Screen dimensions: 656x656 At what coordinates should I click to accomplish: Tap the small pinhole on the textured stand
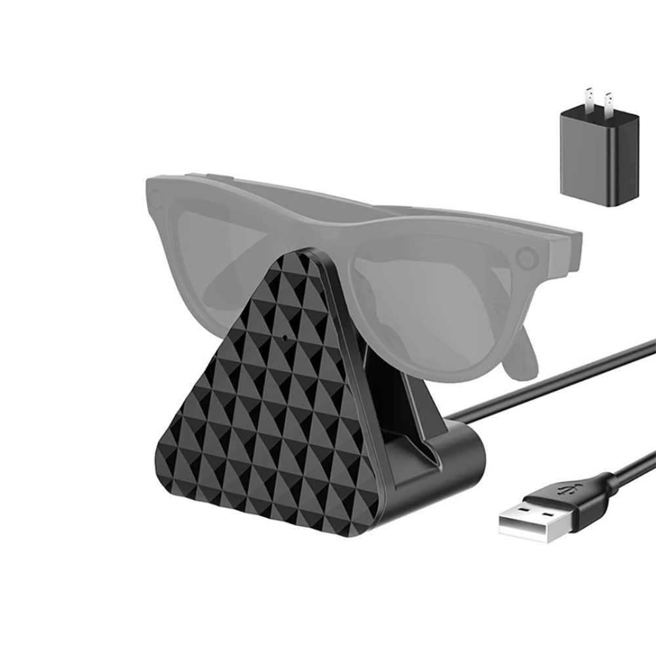[x=285, y=338]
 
